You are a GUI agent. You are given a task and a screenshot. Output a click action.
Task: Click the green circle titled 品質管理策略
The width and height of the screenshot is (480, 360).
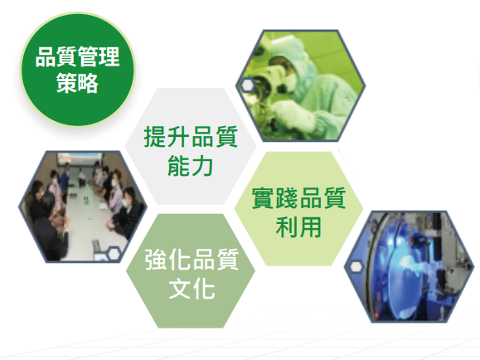pos(77,70)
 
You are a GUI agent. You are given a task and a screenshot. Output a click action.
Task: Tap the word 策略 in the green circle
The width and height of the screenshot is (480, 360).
pos(77,83)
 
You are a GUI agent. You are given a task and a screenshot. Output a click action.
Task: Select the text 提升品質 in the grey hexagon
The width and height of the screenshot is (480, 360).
pos(191,137)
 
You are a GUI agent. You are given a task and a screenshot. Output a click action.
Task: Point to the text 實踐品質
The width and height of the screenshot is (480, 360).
pos(298,198)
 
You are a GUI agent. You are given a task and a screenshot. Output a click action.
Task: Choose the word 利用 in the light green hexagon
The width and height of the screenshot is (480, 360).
pos(298,226)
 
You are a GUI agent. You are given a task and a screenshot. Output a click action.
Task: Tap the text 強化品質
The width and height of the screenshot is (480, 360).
pos(192,260)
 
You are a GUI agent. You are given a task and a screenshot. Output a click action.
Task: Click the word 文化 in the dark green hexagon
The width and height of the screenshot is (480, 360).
pos(192,288)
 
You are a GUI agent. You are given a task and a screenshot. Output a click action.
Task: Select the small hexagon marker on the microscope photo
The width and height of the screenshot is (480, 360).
pos(247,85)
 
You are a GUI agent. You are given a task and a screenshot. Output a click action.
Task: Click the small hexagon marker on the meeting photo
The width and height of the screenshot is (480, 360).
pos(114,254)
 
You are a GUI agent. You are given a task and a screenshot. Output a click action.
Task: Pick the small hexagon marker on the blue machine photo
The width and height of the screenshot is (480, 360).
pos(356,267)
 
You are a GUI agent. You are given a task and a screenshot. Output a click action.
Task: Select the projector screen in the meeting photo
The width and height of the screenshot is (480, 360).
pos(75,160)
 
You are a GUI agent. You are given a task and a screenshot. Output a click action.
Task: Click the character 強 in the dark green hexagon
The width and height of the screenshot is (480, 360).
pos(156,260)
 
